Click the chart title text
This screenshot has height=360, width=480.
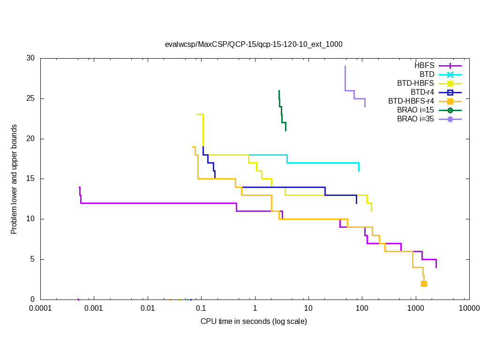[254, 45]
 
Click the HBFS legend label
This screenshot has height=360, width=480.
[424, 65]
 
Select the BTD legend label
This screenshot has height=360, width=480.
[427, 74]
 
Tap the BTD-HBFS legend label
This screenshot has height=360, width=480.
[415, 83]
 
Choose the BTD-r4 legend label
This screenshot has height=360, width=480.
[422, 92]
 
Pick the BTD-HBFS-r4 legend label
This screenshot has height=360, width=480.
[411, 101]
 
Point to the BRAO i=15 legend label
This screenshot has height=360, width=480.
[415, 110]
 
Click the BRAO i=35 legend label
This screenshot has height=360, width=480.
[415, 119]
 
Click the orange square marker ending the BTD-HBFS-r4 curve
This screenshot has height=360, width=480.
[424, 284]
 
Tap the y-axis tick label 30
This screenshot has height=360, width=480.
[31, 58]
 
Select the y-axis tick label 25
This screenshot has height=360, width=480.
[31, 98]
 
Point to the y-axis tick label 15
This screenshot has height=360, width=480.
[31, 179]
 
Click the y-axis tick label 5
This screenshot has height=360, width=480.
[33, 259]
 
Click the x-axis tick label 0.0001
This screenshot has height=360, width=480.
[40, 308]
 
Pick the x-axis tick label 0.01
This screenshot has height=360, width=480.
[148, 308]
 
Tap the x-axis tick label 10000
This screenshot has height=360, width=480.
[468, 308]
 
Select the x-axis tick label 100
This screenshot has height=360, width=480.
[361, 308]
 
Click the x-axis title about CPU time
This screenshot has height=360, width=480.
[254, 322]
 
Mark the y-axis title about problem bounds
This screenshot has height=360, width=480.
[15, 179]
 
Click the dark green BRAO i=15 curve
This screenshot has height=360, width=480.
[282, 117]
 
